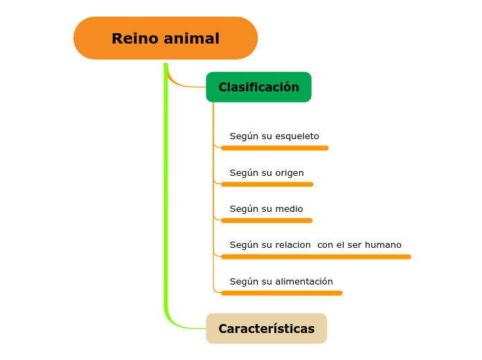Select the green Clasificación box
click(258, 87)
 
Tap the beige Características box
click(266, 328)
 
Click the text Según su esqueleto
click(274, 136)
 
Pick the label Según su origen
click(267, 172)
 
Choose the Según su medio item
click(266, 208)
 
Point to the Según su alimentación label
click(281, 281)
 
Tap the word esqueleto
click(297, 136)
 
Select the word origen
click(289, 172)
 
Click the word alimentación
click(304, 281)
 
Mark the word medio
click(289, 208)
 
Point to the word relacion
click(293, 244)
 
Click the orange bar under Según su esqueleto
click(274, 147)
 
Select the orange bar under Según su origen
click(267, 184)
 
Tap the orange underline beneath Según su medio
click(267, 220)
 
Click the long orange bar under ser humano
click(316, 256)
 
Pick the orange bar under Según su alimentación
click(281, 293)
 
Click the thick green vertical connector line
click(166, 194)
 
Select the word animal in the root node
click(193, 39)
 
